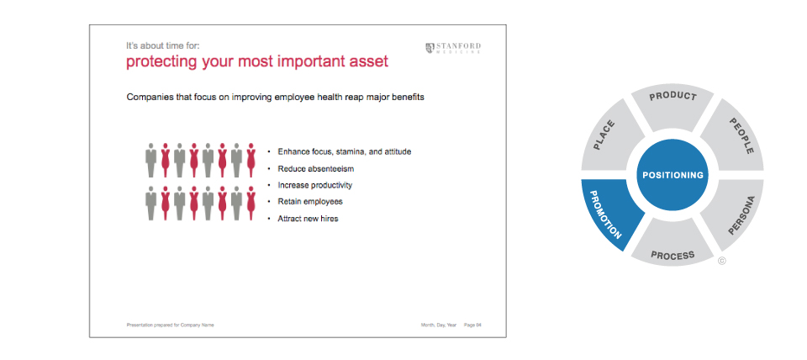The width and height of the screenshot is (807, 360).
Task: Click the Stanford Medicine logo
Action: point(453,48)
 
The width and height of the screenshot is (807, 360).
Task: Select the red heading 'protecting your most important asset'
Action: point(257,61)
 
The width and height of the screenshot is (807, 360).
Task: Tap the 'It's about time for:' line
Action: point(162,45)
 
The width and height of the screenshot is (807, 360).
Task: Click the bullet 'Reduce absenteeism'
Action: point(315,168)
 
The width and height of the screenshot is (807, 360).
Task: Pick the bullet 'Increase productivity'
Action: point(315,185)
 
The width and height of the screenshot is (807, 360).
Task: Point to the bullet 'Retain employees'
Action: point(310,201)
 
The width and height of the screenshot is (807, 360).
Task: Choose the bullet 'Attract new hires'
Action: point(308,219)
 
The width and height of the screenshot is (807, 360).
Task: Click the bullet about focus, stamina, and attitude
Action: point(345,152)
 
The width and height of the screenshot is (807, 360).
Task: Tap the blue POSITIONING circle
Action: point(672,175)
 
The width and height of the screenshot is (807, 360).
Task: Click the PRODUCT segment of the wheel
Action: point(672,106)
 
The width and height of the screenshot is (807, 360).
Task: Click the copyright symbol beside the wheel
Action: point(721,261)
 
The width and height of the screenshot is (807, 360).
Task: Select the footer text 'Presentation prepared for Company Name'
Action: point(171,325)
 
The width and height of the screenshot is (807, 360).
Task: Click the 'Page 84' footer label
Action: point(472,325)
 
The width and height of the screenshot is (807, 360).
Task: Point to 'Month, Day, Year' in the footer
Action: point(439,325)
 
